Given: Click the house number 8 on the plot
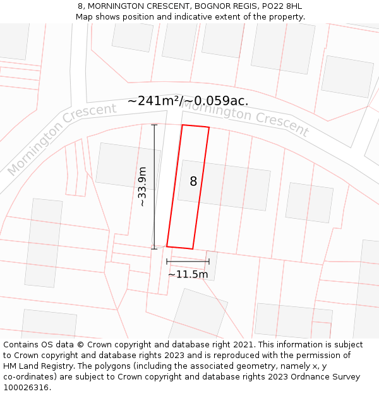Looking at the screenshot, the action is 193,182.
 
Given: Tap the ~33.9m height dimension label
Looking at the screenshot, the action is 143,187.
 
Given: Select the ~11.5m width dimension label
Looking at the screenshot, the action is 188,274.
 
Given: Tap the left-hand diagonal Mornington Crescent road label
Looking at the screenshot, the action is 61,138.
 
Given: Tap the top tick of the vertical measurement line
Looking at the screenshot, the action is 154,125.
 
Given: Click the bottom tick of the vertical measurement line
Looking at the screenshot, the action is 154,248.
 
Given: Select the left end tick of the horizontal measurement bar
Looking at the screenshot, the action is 167,262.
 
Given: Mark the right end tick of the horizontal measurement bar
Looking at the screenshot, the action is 209,262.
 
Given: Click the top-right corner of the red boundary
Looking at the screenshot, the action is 208,127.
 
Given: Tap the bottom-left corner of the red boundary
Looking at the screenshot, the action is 167,246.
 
